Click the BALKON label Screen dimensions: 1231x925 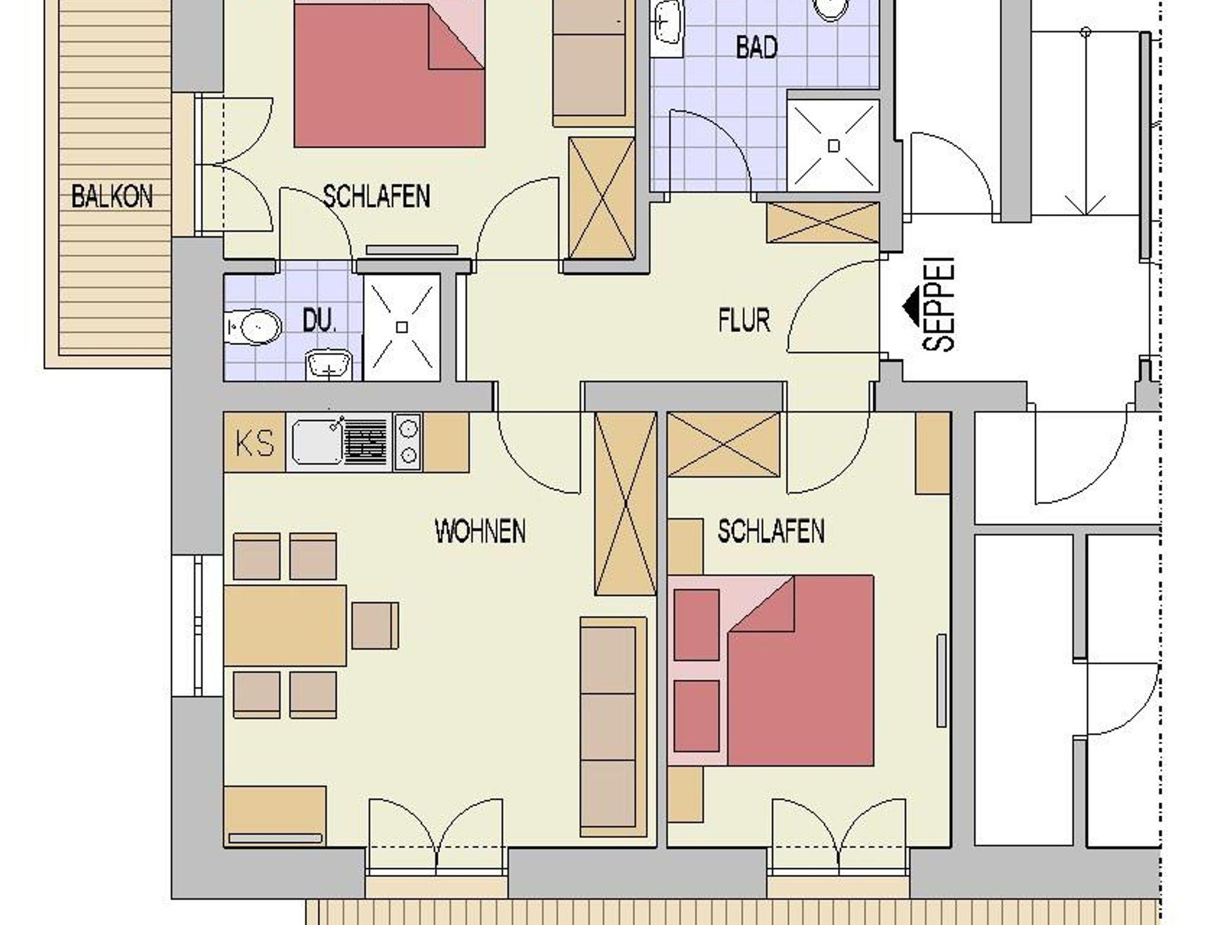tap(112, 197)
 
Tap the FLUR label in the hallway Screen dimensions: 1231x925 tap(744, 321)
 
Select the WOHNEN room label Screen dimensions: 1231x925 tap(480, 532)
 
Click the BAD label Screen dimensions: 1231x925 tap(757, 48)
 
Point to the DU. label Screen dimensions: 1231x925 tap(319, 321)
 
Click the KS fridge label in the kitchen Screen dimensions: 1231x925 tap(255, 443)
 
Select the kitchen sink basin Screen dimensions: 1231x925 tap(317, 443)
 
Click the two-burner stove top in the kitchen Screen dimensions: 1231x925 tap(408, 442)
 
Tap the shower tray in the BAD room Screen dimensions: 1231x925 tap(833, 146)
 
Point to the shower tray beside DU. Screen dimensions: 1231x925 tap(402, 327)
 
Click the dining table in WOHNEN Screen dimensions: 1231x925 tap(285, 625)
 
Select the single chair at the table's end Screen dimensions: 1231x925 tap(375, 625)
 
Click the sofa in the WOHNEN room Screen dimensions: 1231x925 tap(613, 727)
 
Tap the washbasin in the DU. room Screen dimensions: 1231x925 tap(328, 365)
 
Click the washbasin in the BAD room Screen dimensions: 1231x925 tap(667, 24)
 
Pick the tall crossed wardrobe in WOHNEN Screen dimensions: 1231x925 tap(625, 503)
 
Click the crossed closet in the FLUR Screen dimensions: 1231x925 tap(823, 223)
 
